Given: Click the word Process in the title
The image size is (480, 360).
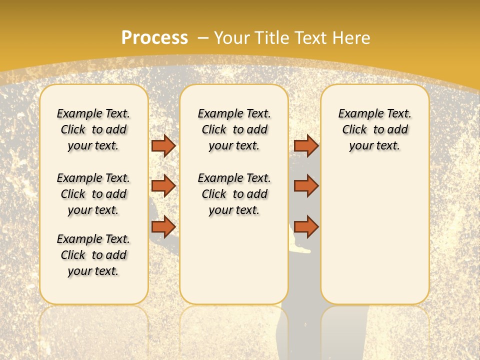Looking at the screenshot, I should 154,38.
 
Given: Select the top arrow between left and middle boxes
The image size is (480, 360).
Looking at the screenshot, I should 163,145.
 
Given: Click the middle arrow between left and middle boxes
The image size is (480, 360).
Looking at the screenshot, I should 163,186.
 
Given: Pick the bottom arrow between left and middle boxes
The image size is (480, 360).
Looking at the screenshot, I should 163,226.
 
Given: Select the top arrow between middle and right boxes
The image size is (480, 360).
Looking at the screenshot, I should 306,145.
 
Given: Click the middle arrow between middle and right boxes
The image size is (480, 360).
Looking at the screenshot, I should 306,186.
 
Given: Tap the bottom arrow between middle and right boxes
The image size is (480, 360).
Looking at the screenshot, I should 306,226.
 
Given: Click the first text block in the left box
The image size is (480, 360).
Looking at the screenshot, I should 93,129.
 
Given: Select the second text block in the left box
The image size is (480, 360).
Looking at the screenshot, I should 93,194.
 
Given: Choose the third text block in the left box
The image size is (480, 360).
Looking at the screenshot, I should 93,255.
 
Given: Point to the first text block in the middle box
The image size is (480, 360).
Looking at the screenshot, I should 234,129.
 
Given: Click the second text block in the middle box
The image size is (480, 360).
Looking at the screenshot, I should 234,194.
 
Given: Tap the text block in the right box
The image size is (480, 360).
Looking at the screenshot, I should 375,129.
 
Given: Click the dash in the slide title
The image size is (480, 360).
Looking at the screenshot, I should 203,38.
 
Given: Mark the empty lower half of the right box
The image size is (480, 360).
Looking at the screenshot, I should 375,240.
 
